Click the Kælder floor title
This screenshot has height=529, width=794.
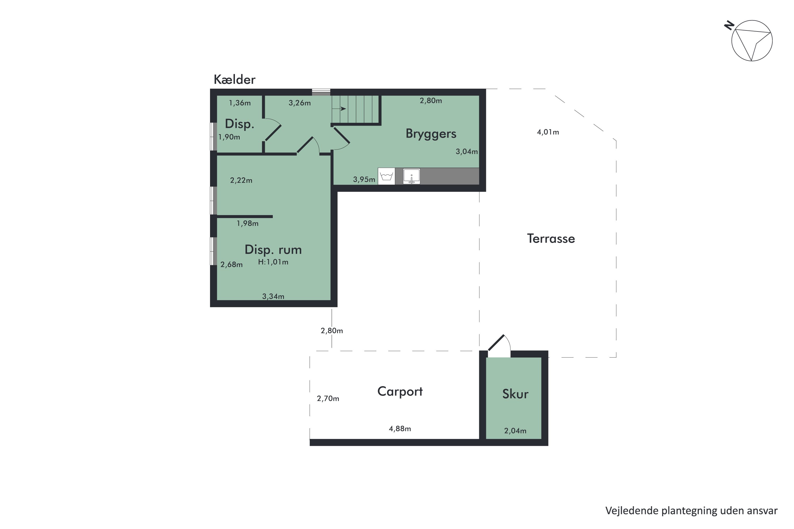[x=234, y=80]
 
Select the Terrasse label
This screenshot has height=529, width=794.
[x=551, y=238]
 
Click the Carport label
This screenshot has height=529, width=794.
[x=400, y=392]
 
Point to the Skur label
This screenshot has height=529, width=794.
[x=515, y=394]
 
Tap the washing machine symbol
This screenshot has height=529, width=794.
[x=386, y=176]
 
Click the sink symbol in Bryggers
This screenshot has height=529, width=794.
[x=412, y=176]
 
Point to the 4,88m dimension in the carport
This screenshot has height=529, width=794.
[x=400, y=429]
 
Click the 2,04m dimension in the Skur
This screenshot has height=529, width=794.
[x=515, y=431]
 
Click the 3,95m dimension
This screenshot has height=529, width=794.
[x=364, y=179]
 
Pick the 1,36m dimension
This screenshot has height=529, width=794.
[x=240, y=103]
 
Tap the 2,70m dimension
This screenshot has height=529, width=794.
[x=328, y=399]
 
